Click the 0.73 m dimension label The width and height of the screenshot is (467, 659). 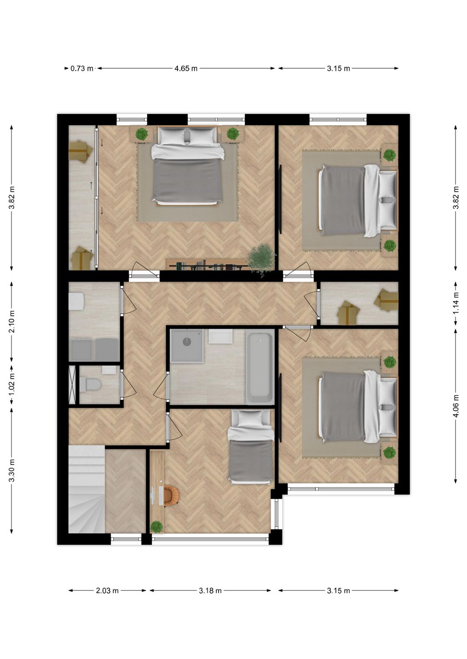(82, 68)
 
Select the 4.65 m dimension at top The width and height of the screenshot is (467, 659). (186, 68)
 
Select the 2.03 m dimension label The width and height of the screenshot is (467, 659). (107, 590)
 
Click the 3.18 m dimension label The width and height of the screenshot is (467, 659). (210, 590)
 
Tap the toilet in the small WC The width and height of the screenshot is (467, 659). (90, 384)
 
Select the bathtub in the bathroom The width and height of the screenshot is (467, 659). (259, 366)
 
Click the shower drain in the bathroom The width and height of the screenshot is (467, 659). (187, 341)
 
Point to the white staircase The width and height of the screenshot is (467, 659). (86, 490)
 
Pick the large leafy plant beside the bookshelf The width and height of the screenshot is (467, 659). (261, 258)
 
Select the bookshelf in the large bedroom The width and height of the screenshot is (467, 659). (207, 264)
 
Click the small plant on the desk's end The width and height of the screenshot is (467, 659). (157, 526)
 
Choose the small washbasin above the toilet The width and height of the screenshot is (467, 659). (109, 370)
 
